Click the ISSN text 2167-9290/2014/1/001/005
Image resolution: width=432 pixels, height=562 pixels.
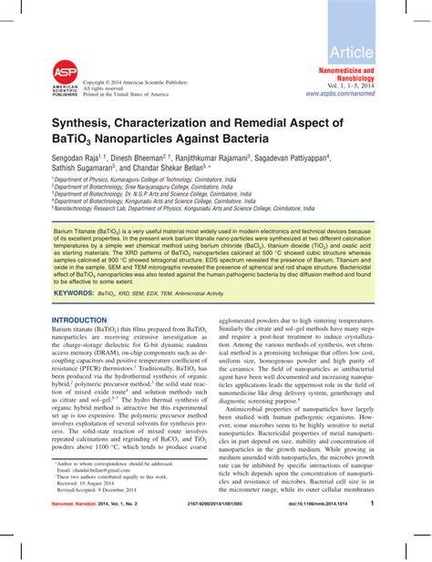point(229,528)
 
